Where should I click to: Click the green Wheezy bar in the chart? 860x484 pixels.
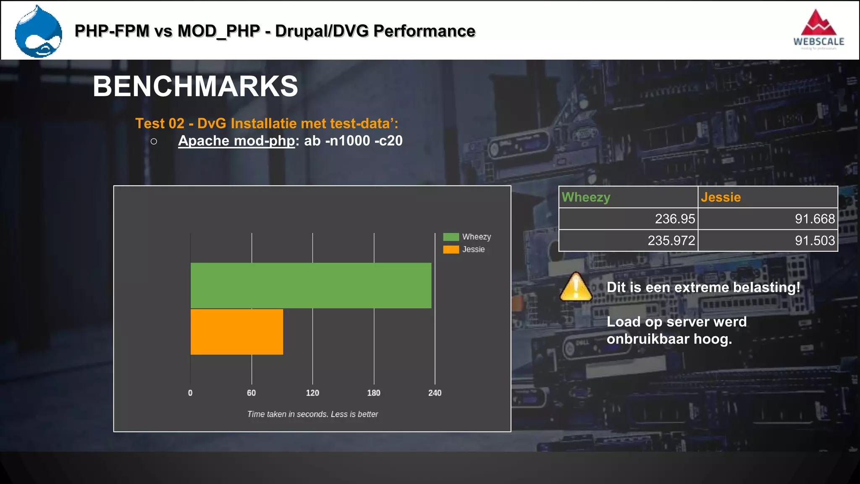(x=311, y=285)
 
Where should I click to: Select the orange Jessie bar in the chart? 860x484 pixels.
(x=237, y=331)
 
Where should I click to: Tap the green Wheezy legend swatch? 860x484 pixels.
(x=451, y=237)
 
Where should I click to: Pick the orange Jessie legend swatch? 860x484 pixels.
(x=451, y=250)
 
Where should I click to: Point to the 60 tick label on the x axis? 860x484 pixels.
(x=251, y=393)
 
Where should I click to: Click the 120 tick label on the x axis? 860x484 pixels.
(x=312, y=393)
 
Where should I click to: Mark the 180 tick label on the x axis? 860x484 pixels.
(x=374, y=393)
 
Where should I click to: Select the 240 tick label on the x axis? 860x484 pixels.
(x=435, y=393)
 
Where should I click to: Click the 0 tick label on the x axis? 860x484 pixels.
(x=190, y=393)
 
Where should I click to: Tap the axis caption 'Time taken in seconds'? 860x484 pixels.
(x=312, y=414)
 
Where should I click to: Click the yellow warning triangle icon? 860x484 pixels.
(x=576, y=287)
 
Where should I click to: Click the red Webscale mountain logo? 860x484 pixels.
(x=818, y=25)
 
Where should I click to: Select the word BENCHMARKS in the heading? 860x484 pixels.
(x=195, y=86)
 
